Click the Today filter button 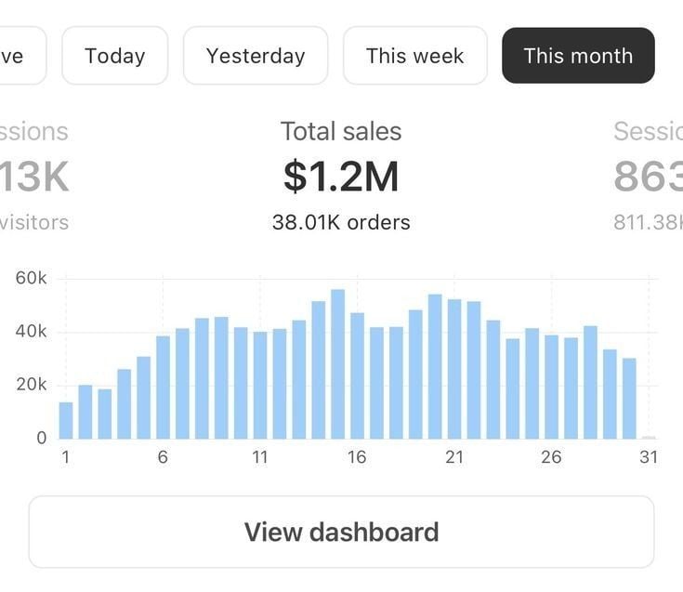tap(114, 56)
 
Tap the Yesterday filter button tap(256, 56)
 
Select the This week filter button tap(414, 56)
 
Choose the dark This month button tap(578, 56)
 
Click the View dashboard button tap(341, 532)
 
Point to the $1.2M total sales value tap(341, 177)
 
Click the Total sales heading tap(341, 131)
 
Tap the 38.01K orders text tap(341, 222)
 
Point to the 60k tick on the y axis tap(31, 279)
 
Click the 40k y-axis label tap(31, 332)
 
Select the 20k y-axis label tap(31, 385)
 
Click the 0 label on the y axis tap(41, 438)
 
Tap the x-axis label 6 tap(163, 457)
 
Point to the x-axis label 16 tap(357, 457)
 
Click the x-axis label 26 tap(551, 457)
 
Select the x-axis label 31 tap(648, 457)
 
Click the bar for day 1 tap(66, 420)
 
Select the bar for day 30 tap(629, 398)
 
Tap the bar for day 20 tap(435, 366)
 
